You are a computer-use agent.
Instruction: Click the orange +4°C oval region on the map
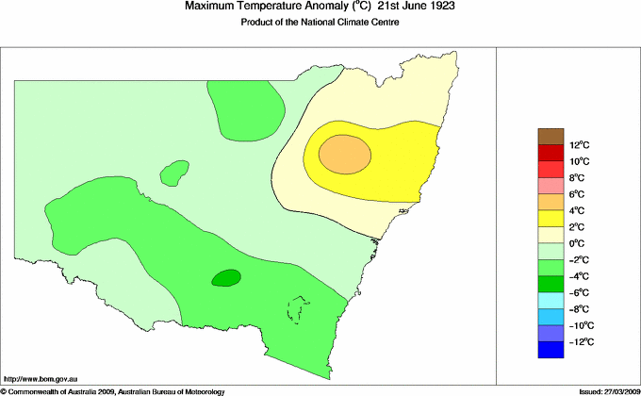pyautogui.click(x=344, y=154)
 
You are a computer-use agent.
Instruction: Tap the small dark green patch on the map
pyautogui.click(x=225, y=277)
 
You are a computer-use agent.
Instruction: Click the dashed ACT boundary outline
pyautogui.click(x=299, y=309)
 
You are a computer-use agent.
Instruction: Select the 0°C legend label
pyautogui.click(x=551, y=243)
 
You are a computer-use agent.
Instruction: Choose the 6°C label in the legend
pyautogui.click(x=551, y=194)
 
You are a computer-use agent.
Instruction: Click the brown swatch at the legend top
pyautogui.click(x=551, y=137)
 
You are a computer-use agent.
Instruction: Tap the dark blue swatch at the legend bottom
pyautogui.click(x=551, y=350)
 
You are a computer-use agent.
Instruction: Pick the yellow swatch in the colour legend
pyautogui.click(x=551, y=219)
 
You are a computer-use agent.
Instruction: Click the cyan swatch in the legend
pyautogui.click(x=551, y=300)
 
